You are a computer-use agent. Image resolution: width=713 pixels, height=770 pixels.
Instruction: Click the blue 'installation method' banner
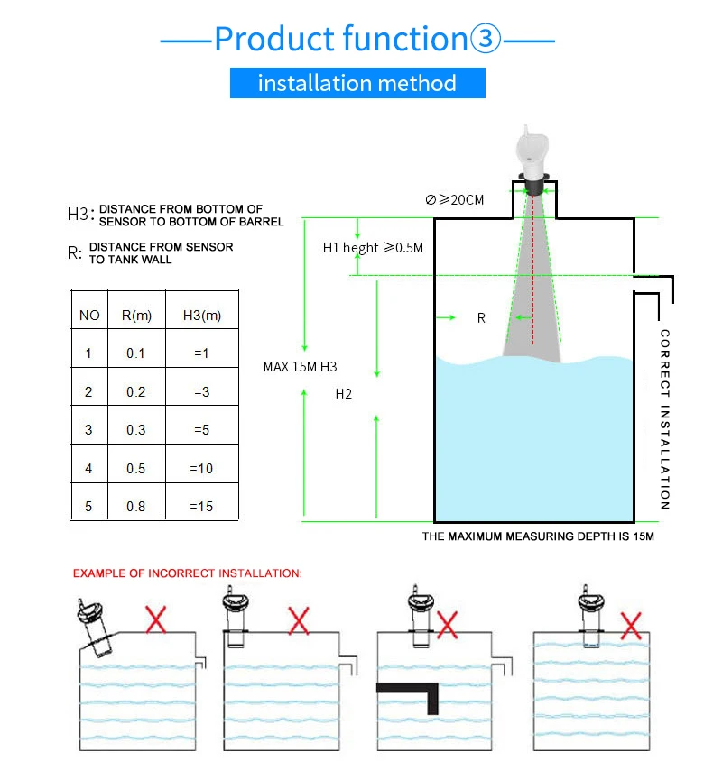357,83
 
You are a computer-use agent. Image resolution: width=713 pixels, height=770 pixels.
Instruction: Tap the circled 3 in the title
484,39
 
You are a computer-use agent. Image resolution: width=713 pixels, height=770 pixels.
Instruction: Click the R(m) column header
135,315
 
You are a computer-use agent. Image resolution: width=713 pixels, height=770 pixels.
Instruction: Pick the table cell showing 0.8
135,506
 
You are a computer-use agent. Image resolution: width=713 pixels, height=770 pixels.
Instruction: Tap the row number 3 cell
88,429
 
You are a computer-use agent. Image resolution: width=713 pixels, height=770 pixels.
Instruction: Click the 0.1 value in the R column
135,353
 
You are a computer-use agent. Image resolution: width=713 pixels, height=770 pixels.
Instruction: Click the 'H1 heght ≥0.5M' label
373,247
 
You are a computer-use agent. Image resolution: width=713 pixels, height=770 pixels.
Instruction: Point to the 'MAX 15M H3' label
300,367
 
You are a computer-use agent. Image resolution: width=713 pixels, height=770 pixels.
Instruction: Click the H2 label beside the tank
343,393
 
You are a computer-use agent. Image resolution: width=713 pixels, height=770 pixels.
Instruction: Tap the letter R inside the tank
481,318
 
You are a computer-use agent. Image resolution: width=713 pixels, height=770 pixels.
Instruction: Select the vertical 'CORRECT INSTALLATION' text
665,419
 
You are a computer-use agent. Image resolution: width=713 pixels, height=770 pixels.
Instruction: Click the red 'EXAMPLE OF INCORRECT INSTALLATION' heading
188,573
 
